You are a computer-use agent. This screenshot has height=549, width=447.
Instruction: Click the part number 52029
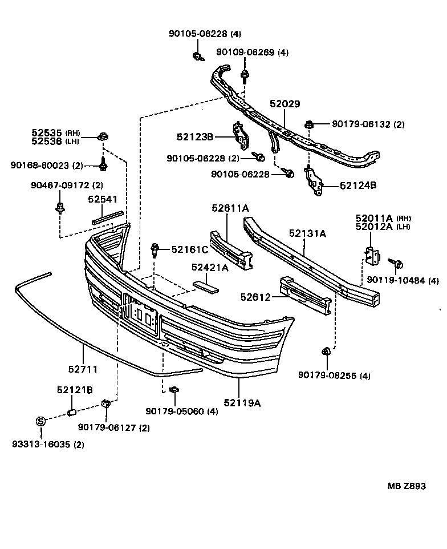(285, 104)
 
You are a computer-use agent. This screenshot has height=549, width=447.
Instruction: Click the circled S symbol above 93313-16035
(40, 422)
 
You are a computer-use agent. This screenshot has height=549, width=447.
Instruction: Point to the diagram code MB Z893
(407, 486)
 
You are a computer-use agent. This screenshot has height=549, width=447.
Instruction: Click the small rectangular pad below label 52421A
(205, 285)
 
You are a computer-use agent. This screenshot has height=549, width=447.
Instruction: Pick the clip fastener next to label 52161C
(155, 250)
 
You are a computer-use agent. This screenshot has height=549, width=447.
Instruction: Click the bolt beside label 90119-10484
(396, 264)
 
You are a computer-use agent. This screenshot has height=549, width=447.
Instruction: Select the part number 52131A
(307, 233)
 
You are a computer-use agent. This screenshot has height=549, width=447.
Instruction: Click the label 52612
(255, 296)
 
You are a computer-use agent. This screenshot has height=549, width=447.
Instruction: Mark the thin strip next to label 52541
(107, 216)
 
